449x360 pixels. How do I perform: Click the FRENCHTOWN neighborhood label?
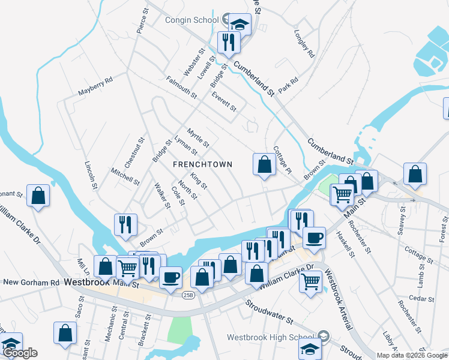(x=202, y=164)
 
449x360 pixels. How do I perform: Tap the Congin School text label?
(x=191, y=20)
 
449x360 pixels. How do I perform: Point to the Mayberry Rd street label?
(x=95, y=86)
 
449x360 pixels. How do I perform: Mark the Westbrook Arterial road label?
(x=338, y=298)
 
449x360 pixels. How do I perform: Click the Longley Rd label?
(x=305, y=44)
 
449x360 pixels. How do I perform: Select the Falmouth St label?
(x=181, y=87)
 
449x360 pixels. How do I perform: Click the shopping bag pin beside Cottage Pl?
(x=264, y=164)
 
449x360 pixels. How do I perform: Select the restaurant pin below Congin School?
(x=229, y=42)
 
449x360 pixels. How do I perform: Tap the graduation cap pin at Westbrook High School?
(x=310, y=349)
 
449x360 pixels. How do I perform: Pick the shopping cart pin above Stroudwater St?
(x=310, y=281)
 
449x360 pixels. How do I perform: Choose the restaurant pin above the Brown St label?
(x=126, y=224)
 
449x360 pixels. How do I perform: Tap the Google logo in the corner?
(x=20, y=353)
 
